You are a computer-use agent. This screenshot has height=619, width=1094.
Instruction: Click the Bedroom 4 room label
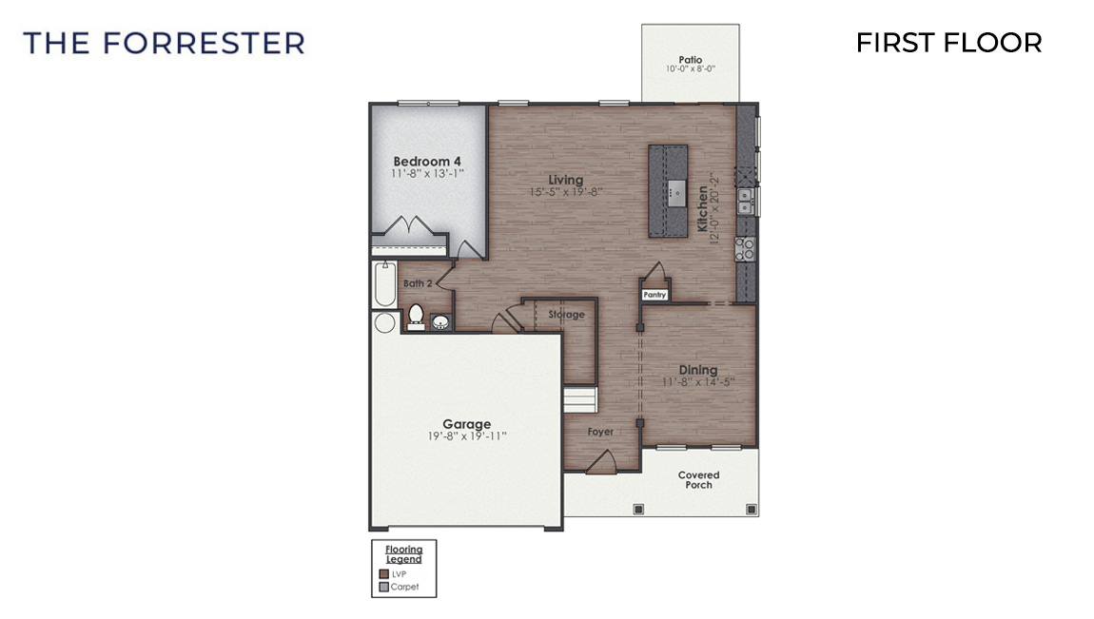coord(427,161)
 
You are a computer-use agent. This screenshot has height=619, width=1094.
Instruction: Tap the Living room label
coord(565,180)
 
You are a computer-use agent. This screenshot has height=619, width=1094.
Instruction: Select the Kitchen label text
coord(703,208)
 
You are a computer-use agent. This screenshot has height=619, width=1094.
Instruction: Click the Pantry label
coord(654,295)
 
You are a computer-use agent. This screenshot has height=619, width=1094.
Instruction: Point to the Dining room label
coord(697,370)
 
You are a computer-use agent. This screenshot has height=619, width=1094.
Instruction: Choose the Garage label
coord(466,424)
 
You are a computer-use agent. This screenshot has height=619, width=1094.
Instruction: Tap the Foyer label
coord(600,432)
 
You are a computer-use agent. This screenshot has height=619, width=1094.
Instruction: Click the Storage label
coord(566,315)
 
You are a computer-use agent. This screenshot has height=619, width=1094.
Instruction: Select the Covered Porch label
coord(698,480)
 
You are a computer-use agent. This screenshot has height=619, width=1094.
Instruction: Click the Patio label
coord(691,59)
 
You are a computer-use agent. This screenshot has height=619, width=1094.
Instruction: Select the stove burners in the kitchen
coord(746,249)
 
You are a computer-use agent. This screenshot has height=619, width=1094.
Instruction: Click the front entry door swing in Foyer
coord(599,462)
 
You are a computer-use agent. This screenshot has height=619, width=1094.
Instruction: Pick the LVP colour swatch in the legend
coord(383,574)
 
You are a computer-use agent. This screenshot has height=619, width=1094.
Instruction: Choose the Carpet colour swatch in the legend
coord(383,587)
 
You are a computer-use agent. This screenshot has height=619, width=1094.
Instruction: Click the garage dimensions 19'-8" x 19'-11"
coord(466,436)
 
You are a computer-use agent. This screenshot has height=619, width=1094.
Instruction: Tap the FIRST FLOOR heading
coord(948,43)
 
